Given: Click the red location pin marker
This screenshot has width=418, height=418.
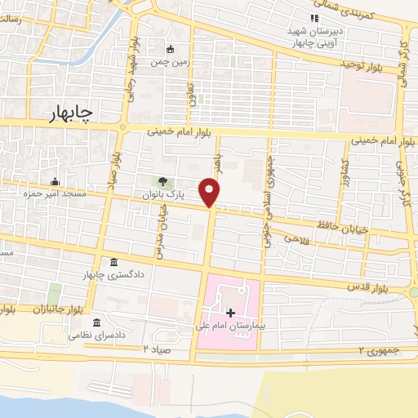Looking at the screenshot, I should tap(211, 191).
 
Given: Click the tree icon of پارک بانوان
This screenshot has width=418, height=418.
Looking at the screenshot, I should tap(161, 183).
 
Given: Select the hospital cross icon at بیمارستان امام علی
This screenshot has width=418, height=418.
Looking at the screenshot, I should tap(230, 313).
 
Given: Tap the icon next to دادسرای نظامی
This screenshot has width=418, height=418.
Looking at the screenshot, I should tap(97, 322).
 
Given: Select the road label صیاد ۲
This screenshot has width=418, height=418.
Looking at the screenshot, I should tap(158, 348).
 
